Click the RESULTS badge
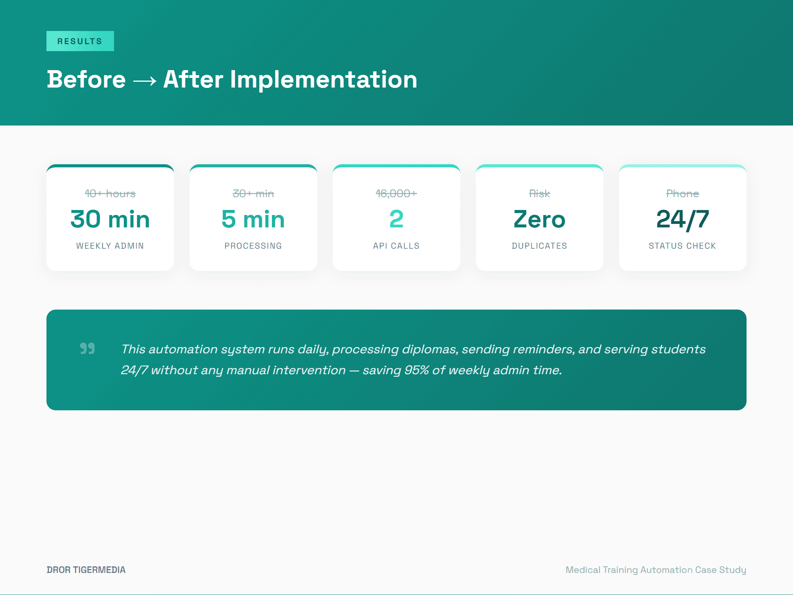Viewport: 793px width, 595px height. point(80,41)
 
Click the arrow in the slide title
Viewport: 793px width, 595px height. point(144,81)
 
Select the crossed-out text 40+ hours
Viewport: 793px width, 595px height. point(110,193)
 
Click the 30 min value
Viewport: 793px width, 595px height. point(110,219)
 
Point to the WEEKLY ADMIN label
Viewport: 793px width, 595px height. point(110,246)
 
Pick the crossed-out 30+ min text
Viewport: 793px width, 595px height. point(253,193)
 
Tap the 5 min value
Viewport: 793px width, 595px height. point(253,219)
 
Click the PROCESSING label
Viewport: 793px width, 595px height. point(253,246)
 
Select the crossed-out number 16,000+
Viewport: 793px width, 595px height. point(396,193)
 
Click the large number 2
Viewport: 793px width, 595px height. point(396,219)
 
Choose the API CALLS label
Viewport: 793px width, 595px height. point(396,246)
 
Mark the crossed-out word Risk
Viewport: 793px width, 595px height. point(539,193)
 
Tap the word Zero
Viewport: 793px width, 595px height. point(539,219)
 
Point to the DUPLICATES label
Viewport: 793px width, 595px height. point(539,246)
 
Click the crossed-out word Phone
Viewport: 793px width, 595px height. point(683,193)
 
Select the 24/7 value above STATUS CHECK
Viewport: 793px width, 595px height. point(683,219)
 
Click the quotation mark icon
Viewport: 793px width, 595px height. point(88,348)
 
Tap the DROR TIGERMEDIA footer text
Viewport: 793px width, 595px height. point(86,570)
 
